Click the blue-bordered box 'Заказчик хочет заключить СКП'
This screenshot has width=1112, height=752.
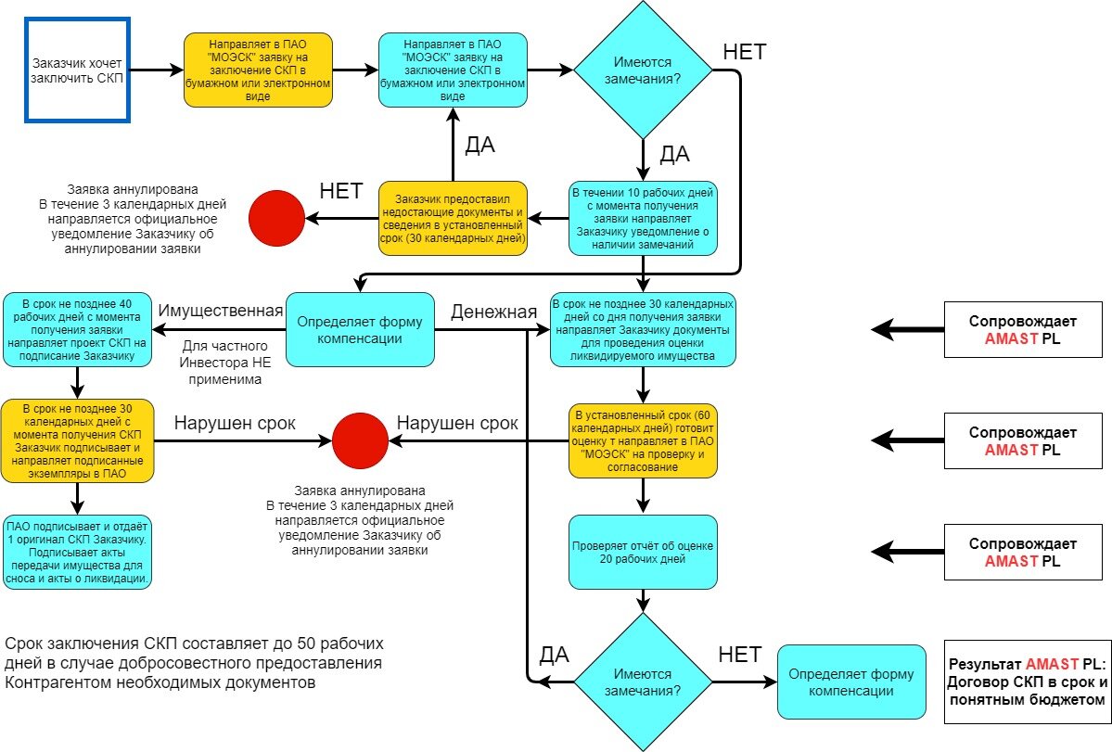coord(77,70)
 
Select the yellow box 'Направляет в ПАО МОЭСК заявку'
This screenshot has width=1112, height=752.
coord(258,70)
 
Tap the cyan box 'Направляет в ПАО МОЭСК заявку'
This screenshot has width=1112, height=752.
coord(453,70)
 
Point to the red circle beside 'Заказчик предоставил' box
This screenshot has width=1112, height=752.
coord(277,219)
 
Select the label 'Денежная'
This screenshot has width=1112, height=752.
coord(493,312)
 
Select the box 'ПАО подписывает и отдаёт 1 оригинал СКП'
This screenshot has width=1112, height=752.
coord(78,552)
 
